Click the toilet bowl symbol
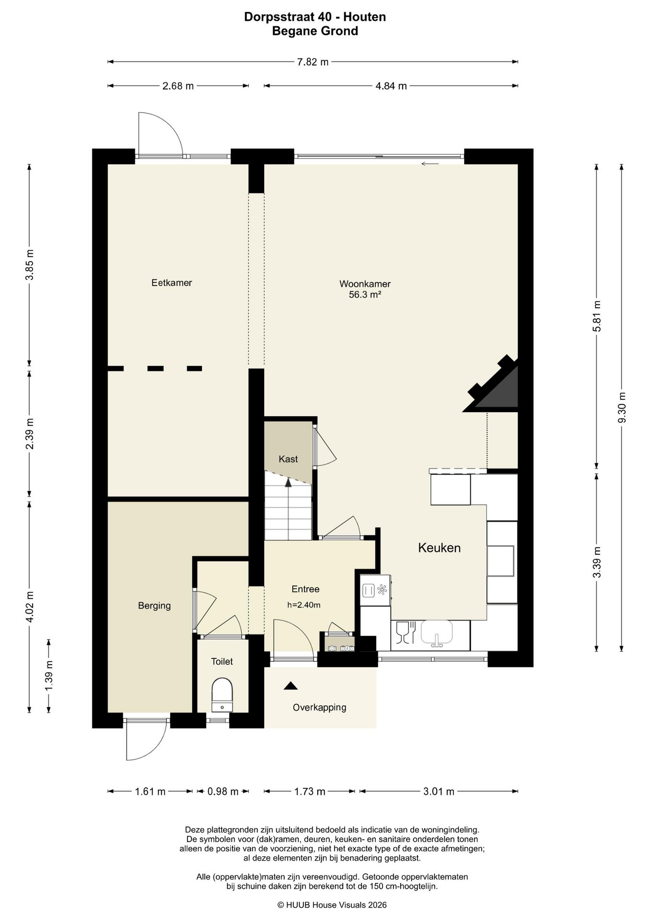pyautogui.click(x=222, y=695)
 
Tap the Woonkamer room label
pyautogui.click(x=365, y=284)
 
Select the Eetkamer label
pyautogui.click(x=172, y=283)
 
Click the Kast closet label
pyautogui.click(x=288, y=459)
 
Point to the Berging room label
pyautogui.click(x=154, y=606)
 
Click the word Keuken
pyautogui.click(x=439, y=548)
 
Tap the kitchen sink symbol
pyautogui.click(x=437, y=633)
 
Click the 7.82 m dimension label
pyautogui.click(x=313, y=62)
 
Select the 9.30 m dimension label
pyautogui.click(x=622, y=407)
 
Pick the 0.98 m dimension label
pyautogui.click(x=223, y=791)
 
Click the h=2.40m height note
pyautogui.click(x=304, y=605)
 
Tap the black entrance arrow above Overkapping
pyautogui.click(x=291, y=686)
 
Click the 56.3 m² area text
pyautogui.click(x=365, y=295)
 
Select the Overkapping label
pyautogui.click(x=319, y=707)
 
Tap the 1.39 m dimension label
pyautogui.click(x=48, y=676)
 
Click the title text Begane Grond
pyautogui.click(x=315, y=31)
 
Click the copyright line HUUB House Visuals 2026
pyautogui.click(x=332, y=905)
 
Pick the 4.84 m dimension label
pyautogui.click(x=391, y=86)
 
